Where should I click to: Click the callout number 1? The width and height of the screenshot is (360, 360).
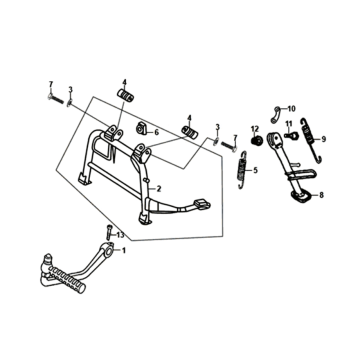(124, 250)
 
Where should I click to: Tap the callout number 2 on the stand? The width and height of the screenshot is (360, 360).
(159, 189)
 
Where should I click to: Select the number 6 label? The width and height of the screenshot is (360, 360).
(157, 133)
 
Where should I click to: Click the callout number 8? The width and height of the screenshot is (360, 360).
(321, 195)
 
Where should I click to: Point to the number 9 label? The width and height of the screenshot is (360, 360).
(324, 139)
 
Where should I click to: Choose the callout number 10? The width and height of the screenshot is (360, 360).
(291, 109)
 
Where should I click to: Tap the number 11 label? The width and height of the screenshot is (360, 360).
(288, 124)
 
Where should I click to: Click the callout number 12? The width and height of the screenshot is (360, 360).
(255, 129)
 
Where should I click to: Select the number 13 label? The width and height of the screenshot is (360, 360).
(120, 235)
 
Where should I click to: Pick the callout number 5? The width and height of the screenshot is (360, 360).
(255, 171)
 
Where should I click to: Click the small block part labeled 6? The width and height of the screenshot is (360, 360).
(142, 128)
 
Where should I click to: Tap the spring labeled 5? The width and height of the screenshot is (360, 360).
(243, 170)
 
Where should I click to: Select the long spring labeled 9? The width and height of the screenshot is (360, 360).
(311, 140)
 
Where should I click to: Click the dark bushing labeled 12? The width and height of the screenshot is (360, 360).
(256, 140)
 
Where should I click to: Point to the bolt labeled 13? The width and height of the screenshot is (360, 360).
(108, 232)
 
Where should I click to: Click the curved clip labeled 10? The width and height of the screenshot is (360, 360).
(275, 115)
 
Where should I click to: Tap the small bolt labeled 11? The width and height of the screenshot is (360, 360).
(291, 135)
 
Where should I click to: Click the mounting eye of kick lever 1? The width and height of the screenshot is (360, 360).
(108, 251)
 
